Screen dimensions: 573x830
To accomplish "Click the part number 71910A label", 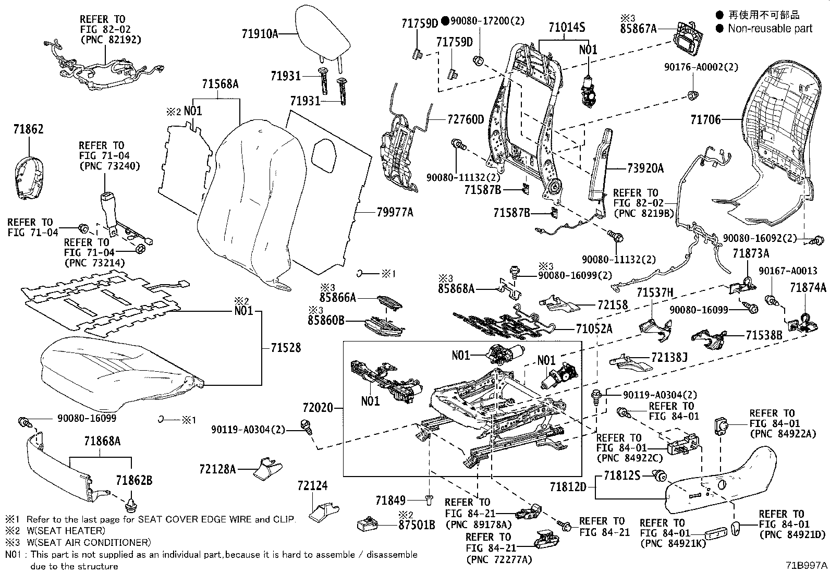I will click(x=260, y=34).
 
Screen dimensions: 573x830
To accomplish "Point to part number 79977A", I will click(x=395, y=212).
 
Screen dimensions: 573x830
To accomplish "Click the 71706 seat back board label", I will click(x=705, y=120).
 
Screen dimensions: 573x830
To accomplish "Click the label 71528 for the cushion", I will click(x=286, y=348).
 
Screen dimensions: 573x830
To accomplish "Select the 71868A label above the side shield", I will click(x=102, y=442).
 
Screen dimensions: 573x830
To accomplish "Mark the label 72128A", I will click(x=217, y=470).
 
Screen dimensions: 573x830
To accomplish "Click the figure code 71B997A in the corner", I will click(x=807, y=565).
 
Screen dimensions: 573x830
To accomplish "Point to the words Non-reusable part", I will click(x=770, y=29).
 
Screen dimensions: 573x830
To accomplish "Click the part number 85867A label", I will click(x=638, y=29).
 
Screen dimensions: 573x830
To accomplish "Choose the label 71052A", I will click(x=594, y=328).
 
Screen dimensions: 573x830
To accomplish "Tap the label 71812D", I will click(x=568, y=487).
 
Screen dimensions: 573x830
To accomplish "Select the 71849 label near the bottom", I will click(x=390, y=501).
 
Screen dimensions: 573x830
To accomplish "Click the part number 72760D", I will click(x=466, y=119).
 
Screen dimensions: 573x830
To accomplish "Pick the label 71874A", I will click(x=808, y=287).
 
